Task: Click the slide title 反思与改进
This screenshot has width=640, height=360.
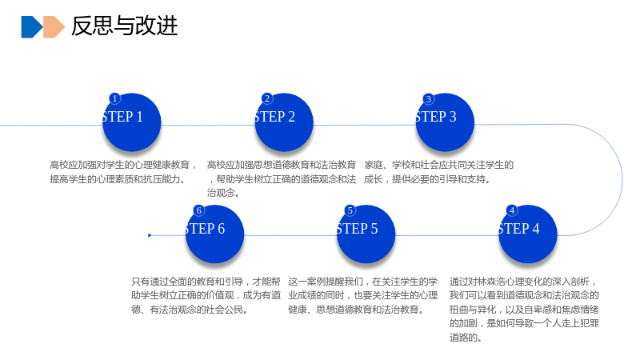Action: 125,26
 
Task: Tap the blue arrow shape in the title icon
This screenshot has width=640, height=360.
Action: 32,27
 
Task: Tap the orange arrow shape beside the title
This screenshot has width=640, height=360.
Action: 54,27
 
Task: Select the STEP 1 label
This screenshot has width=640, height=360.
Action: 122,117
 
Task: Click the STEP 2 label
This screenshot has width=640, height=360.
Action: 274,117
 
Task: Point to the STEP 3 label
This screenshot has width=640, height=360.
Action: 436,117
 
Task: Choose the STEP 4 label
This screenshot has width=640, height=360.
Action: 518,229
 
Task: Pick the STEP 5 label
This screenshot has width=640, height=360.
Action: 357,229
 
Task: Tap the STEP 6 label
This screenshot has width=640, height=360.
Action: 205,229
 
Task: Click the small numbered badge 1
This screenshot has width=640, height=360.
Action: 114,98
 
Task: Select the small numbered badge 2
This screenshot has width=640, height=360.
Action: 267,98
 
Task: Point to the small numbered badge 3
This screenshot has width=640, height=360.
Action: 428,98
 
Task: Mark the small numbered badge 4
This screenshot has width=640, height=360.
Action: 511,210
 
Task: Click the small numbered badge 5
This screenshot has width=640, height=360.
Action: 350,210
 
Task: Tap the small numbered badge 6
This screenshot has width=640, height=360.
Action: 198,210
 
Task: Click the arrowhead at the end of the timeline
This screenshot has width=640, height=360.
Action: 150,235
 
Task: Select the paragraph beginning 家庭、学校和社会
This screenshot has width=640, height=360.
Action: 438,172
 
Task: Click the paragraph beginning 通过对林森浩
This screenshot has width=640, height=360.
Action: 524,310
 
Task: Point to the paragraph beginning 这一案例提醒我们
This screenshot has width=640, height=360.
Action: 363,295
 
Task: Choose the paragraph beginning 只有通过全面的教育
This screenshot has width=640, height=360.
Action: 206,295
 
